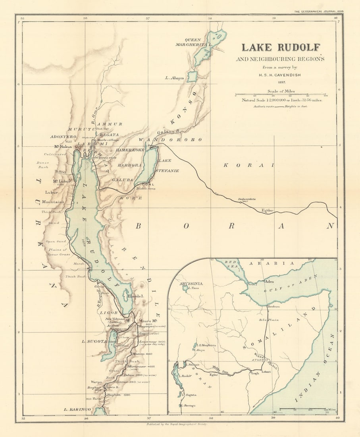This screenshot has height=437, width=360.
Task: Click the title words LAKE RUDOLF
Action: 281,47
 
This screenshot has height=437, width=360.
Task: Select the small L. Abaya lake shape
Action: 192,77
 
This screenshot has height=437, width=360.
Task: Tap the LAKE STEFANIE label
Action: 169,166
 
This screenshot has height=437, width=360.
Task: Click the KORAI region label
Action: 248,165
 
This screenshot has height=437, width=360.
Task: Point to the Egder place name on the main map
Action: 268,210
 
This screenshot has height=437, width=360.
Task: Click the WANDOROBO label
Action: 170,140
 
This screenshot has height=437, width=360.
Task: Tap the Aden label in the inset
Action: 270,281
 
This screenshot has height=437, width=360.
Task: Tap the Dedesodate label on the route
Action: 246,199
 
